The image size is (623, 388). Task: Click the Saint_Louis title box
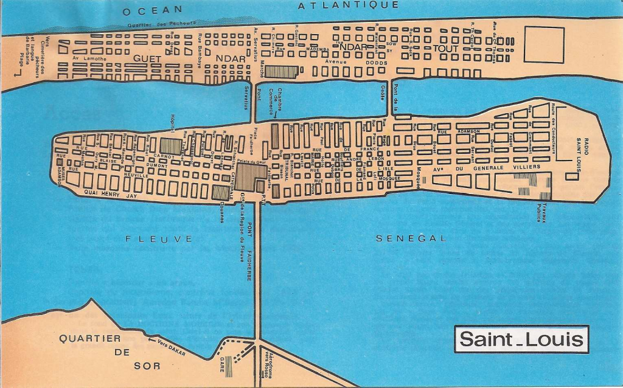[x=521, y=339]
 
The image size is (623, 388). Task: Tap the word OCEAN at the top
[x=152, y=10]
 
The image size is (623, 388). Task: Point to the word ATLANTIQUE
[x=349, y=5]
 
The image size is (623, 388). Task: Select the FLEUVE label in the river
[x=159, y=239]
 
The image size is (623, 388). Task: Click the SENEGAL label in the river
[x=411, y=238]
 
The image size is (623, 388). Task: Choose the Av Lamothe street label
[x=89, y=58]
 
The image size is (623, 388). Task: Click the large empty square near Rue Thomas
[x=544, y=44]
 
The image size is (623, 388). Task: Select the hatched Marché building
[x=280, y=72]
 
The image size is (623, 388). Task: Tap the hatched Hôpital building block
[x=171, y=146]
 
